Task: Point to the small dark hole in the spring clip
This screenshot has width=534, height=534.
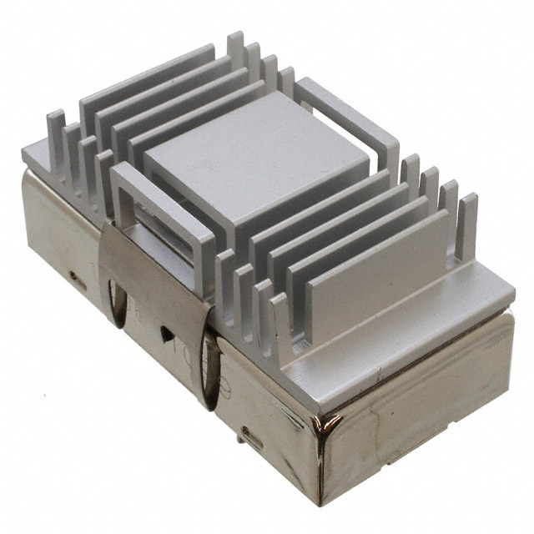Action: click(166, 331)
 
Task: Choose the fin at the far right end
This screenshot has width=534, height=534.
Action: click(467, 225)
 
